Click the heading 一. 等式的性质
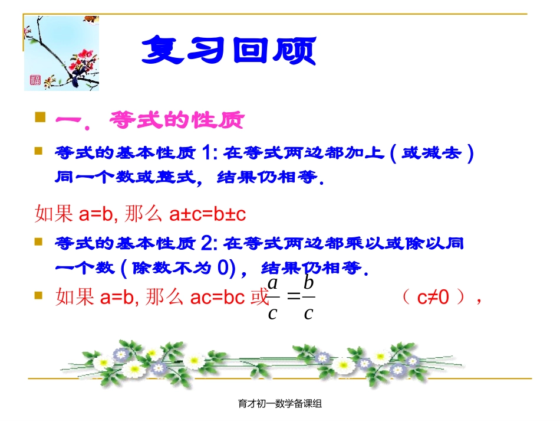tap(149, 120)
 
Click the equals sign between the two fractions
tap(291, 298)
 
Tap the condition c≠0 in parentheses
tap(433, 297)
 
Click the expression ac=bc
tap(218, 298)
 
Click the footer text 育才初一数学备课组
tap(280, 404)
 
